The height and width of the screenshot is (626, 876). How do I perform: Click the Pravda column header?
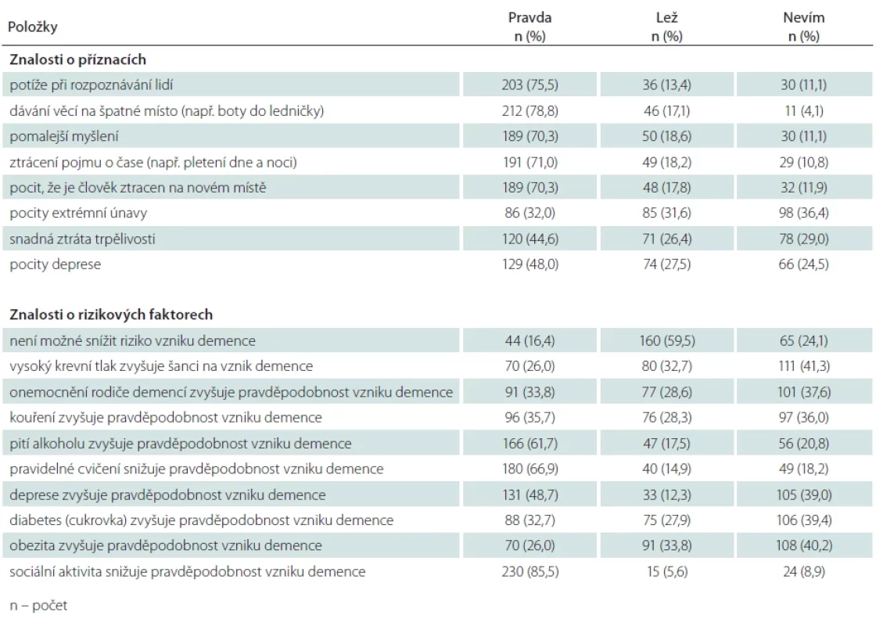pyautogui.click(x=530, y=27)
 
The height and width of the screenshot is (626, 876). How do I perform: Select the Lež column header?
pyautogui.click(x=666, y=27)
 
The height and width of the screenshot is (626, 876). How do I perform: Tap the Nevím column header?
pyautogui.click(x=804, y=27)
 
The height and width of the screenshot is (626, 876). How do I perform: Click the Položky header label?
pyautogui.click(x=32, y=27)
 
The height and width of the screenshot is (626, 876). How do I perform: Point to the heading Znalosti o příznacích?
pyautogui.click(x=77, y=59)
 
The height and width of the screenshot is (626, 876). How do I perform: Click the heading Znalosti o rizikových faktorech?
pyautogui.click(x=111, y=315)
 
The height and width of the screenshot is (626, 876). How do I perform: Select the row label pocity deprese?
pyautogui.click(x=56, y=264)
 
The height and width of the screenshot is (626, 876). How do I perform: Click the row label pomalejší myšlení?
pyautogui.click(x=63, y=136)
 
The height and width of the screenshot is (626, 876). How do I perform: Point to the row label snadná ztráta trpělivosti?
pyautogui.click(x=82, y=239)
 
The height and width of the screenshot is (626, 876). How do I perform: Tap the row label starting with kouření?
pyautogui.click(x=165, y=418)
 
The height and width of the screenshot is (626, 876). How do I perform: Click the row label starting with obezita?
pyautogui.click(x=165, y=545)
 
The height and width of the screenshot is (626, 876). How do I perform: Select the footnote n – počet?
pyautogui.click(x=38, y=606)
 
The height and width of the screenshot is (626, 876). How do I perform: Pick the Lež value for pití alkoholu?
pyautogui.click(x=666, y=444)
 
